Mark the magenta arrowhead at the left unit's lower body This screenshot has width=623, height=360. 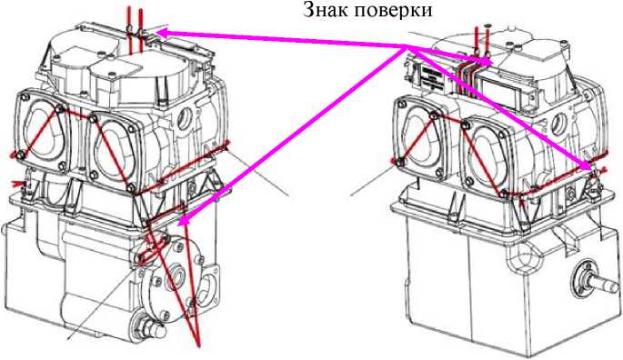182,220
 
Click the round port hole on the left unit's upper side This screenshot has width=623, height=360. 187,117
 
